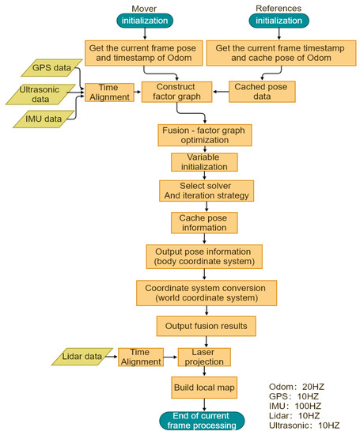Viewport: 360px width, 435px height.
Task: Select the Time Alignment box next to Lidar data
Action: (140, 357)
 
